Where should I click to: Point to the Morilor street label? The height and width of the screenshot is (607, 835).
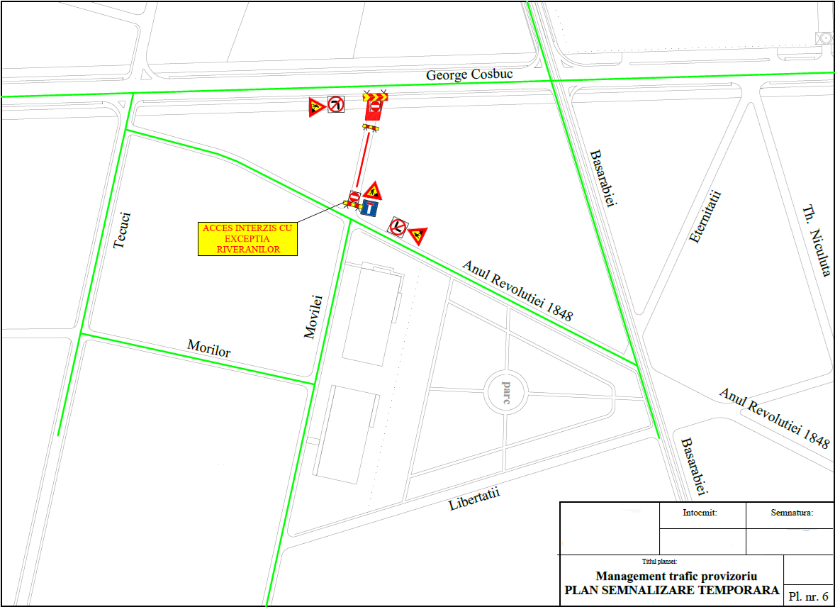click(x=209, y=347)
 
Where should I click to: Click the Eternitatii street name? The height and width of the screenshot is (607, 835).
click(x=705, y=217)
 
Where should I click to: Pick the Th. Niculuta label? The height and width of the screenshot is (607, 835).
click(x=816, y=241)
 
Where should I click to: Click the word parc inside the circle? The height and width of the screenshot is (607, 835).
click(x=506, y=393)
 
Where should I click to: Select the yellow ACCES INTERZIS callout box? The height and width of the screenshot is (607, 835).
click(x=247, y=239)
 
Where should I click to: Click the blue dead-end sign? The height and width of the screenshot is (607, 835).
click(x=369, y=208)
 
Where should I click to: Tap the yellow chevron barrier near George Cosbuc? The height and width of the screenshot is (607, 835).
click(x=374, y=96)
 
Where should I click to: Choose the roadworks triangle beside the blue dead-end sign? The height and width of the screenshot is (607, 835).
click(x=373, y=191)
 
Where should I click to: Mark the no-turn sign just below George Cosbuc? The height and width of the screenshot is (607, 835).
click(x=335, y=105)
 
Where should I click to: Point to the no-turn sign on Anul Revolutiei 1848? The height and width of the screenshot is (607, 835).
click(x=398, y=226)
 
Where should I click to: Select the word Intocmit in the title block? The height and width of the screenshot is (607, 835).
click(x=701, y=512)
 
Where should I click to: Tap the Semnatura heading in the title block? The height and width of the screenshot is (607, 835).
click(x=791, y=512)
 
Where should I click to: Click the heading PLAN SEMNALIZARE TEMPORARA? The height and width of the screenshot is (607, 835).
click(x=671, y=590)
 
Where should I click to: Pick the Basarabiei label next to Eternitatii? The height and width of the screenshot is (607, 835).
click(x=603, y=179)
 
